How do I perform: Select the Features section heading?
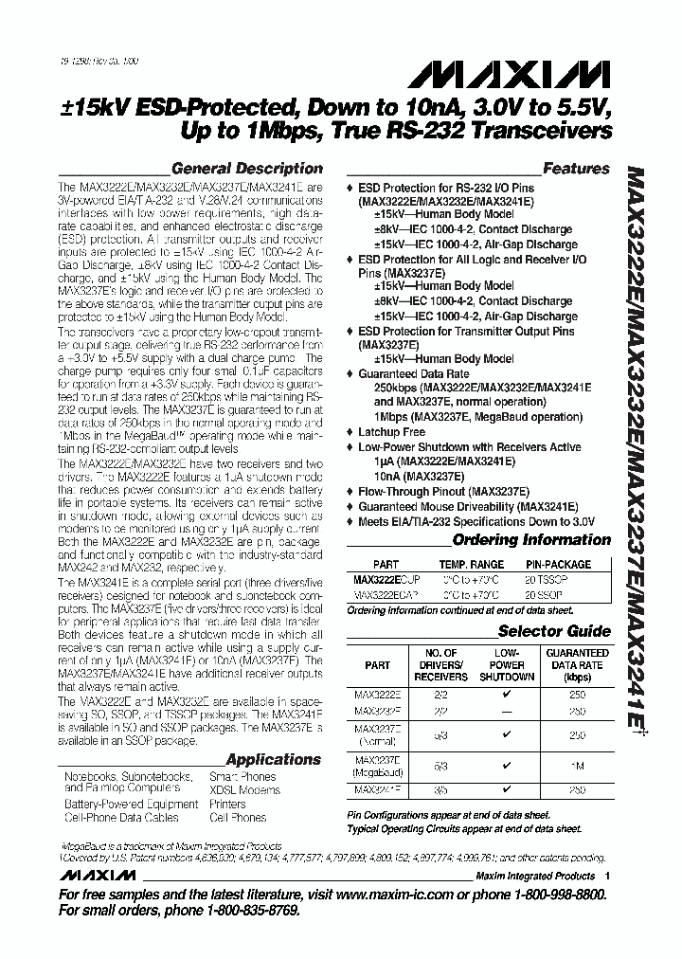point(576,169)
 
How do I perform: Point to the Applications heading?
point(274,759)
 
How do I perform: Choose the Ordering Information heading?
point(531,540)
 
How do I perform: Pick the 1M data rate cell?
point(577,763)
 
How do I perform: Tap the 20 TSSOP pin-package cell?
point(571,578)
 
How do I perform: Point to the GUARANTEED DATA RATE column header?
point(578,664)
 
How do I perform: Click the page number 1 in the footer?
point(607,877)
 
